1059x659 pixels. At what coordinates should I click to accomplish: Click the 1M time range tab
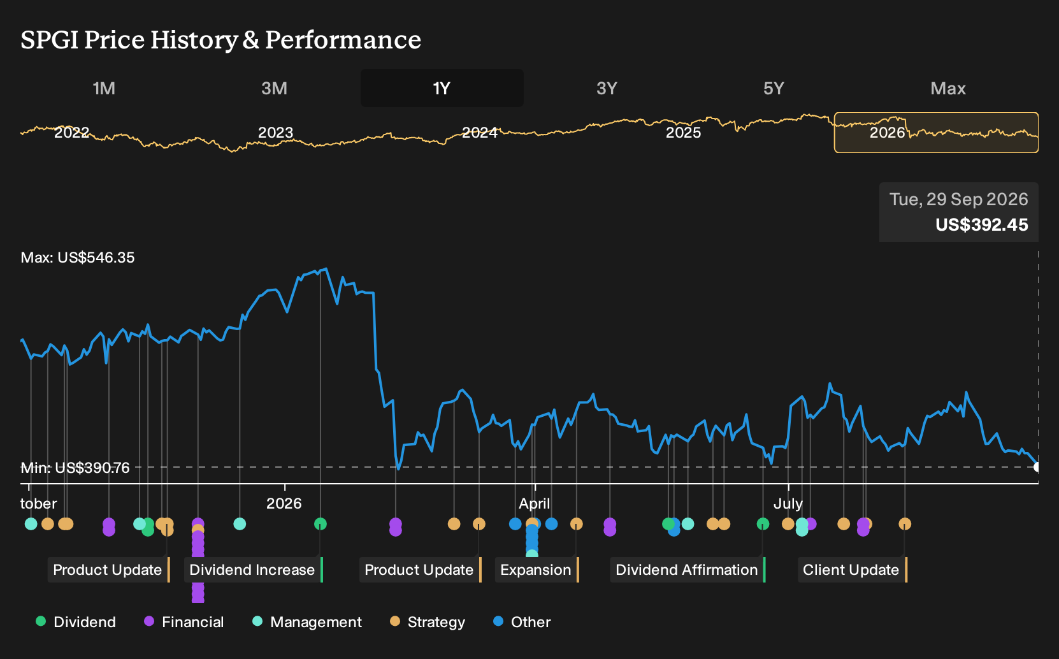[x=104, y=89]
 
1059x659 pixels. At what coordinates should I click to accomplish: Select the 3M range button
[x=274, y=89]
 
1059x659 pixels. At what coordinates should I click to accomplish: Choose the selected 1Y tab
[x=442, y=89]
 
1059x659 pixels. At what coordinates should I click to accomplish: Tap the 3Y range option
[x=607, y=89]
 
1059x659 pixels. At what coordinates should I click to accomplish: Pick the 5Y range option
[x=774, y=89]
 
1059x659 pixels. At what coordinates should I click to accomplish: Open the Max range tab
[x=948, y=89]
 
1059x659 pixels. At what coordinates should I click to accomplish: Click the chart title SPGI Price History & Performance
[x=220, y=40]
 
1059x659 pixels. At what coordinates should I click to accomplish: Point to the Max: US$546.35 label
[x=78, y=257]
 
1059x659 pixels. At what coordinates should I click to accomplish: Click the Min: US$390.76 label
[x=75, y=468]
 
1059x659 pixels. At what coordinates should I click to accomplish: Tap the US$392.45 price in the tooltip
[x=982, y=224]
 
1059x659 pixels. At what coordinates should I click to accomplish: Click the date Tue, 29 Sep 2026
[x=958, y=199]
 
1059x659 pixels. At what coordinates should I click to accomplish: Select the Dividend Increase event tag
[x=252, y=570]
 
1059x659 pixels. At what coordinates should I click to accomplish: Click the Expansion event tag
[x=536, y=570]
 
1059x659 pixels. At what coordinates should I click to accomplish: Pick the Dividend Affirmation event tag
[x=686, y=570]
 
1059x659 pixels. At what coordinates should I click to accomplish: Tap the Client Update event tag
[x=851, y=570]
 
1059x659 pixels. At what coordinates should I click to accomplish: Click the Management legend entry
[x=307, y=621]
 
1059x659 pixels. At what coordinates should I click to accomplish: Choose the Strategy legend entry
[x=428, y=621]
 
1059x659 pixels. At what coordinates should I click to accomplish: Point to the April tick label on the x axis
[x=534, y=503]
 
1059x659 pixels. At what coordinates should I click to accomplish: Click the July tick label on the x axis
[x=788, y=503]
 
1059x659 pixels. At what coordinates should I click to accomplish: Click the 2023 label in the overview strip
[x=276, y=133]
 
